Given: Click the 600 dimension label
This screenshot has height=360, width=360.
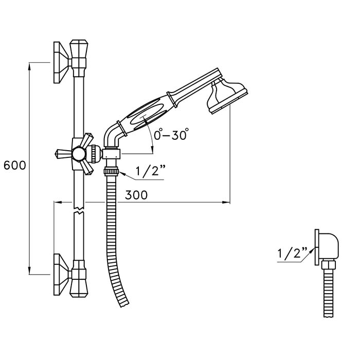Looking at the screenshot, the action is click(x=15, y=165).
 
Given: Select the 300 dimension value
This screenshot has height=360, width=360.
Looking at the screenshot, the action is click(x=136, y=195).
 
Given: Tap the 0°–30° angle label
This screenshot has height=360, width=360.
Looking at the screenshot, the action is click(x=171, y=134).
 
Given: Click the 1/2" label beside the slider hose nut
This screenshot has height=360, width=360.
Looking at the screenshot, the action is click(x=151, y=171).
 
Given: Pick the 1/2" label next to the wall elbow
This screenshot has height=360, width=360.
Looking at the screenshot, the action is click(x=293, y=253).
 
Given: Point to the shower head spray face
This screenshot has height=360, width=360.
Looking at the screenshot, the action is click(x=230, y=102).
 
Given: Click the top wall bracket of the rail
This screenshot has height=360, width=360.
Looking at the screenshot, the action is click(x=61, y=62).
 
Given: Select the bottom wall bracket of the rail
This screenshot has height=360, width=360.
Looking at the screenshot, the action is click(x=61, y=274).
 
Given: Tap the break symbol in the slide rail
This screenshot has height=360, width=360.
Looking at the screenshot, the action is click(x=79, y=210).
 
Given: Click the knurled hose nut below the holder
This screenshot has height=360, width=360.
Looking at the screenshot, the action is click(x=112, y=172).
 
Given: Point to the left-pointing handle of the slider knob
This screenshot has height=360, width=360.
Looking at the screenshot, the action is click(x=64, y=153).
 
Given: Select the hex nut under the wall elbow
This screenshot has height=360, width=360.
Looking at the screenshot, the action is click(x=329, y=264).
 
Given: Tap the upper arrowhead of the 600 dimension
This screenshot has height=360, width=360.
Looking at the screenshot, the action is click(x=30, y=65).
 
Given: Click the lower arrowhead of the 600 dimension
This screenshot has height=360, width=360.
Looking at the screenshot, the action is click(x=30, y=271).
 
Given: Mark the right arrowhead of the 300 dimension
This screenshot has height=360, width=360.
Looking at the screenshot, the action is click(x=226, y=202).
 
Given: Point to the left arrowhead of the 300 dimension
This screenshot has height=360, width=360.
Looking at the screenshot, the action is click(x=58, y=202).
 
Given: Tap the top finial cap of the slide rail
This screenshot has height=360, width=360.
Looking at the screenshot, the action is click(x=79, y=49).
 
